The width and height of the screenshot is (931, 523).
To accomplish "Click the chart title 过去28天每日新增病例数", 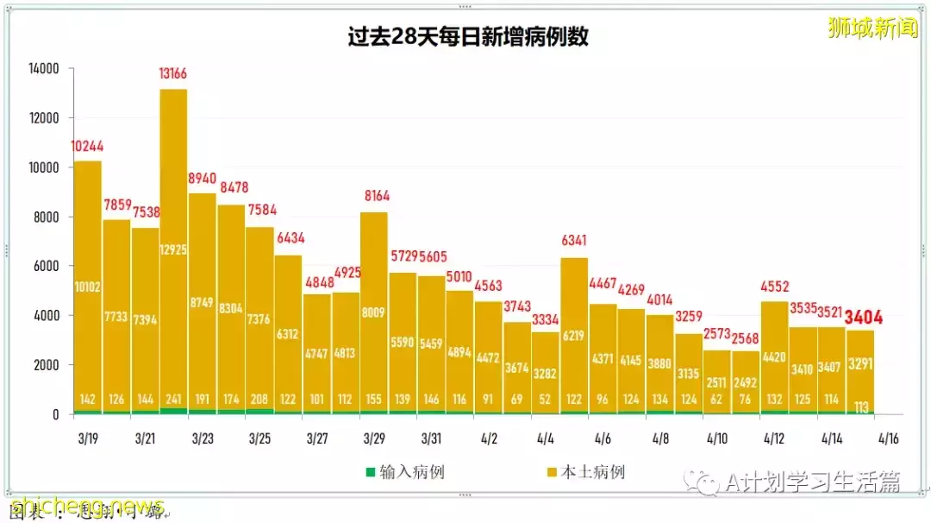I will (468, 38).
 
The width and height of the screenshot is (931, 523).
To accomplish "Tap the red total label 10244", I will (87, 147).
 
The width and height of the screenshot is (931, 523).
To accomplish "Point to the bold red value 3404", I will (864, 317).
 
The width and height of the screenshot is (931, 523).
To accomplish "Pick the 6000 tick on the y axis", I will (44, 266).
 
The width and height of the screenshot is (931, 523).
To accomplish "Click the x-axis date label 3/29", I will (373, 438).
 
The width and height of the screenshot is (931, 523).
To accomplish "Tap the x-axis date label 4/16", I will (888, 438).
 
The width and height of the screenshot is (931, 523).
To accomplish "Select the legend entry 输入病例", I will (405, 472).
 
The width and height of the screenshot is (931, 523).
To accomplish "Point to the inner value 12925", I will (173, 249).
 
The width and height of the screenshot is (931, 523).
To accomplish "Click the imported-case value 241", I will (173, 400).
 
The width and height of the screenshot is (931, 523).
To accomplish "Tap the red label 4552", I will (774, 288).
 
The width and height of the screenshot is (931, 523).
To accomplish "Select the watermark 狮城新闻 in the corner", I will (872, 28).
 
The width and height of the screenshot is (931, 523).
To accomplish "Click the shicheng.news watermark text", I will (87, 505).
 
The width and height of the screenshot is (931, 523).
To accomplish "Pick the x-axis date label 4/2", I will (488, 438).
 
